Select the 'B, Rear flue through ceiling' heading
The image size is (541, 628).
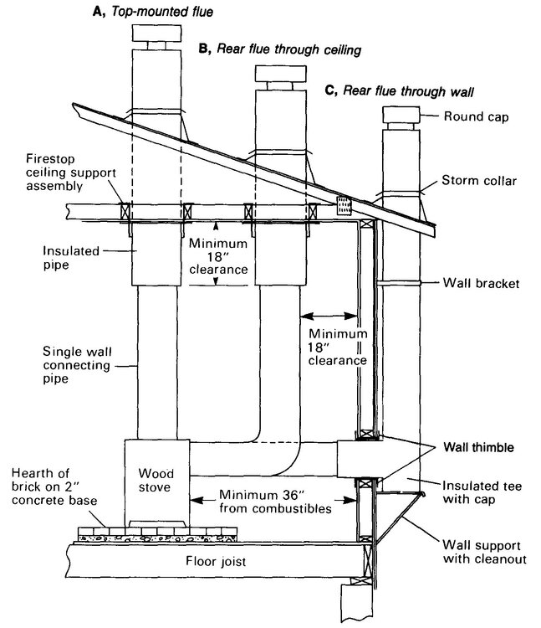coord(279,49)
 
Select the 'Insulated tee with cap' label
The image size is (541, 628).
coord(485,492)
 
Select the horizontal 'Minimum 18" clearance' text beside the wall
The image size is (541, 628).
coord(334,347)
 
